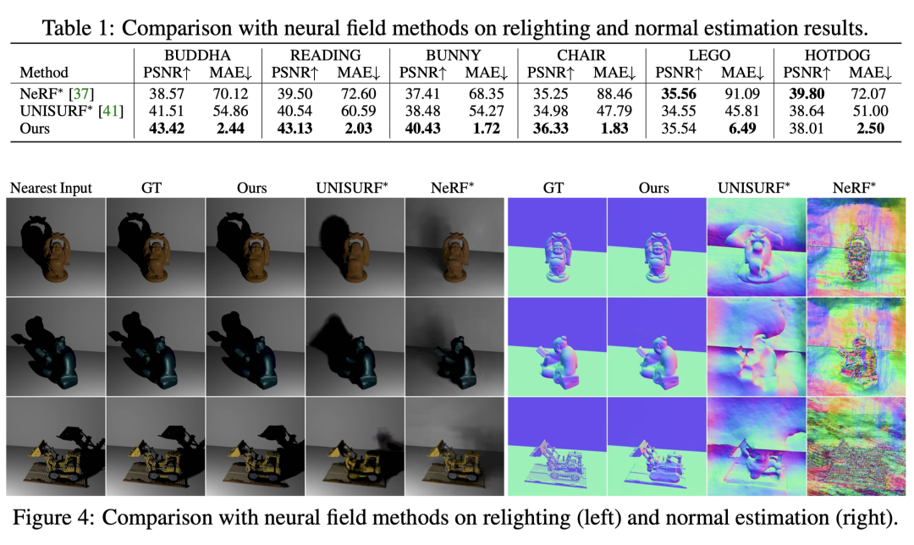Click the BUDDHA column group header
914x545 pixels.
(x=193, y=55)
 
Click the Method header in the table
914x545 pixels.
(x=44, y=73)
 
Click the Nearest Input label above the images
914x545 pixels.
(x=52, y=188)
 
